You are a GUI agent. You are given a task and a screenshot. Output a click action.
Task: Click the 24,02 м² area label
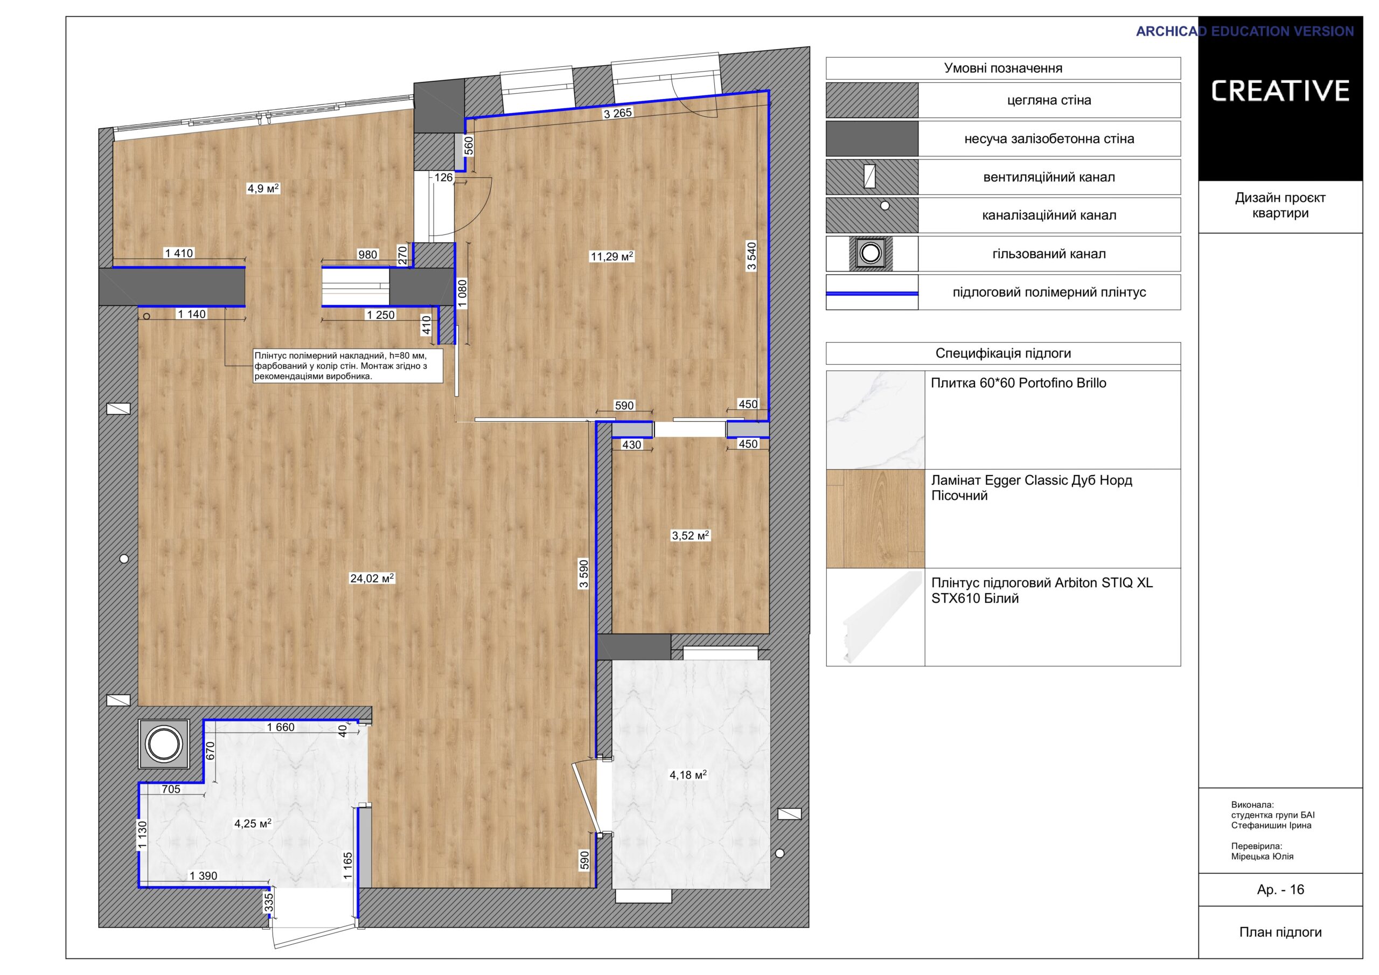(x=372, y=578)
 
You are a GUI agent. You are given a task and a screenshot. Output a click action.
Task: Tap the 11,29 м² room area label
(x=612, y=256)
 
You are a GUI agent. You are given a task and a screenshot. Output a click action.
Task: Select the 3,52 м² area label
(x=691, y=535)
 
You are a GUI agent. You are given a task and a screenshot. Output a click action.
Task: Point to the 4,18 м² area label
(x=688, y=775)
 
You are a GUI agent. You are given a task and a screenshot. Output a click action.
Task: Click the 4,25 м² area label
(x=253, y=824)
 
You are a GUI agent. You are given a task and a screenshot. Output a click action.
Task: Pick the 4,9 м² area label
(x=263, y=189)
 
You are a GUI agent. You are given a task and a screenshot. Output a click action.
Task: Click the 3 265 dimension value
(x=618, y=113)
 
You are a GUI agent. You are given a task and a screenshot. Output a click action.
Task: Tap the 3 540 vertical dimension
(x=751, y=256)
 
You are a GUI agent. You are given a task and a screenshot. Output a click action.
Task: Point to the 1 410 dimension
(x=179, y=254)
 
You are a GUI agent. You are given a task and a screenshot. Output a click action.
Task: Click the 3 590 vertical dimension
(x=584, y=574)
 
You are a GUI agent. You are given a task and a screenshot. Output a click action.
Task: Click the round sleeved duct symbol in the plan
(x=164, y=744)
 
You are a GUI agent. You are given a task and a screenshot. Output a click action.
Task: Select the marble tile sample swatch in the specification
(x=875, y=420)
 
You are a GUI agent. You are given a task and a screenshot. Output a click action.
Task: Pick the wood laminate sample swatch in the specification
(x=875, y=518)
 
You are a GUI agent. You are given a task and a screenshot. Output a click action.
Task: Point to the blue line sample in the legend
(x=872, y=293)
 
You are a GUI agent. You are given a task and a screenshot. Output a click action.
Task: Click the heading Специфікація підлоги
(x=1003, y=353)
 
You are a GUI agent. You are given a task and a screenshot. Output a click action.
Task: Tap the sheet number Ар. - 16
(x=1280, y=889)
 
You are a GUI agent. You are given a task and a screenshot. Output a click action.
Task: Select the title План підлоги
(x=1280, y=932)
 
